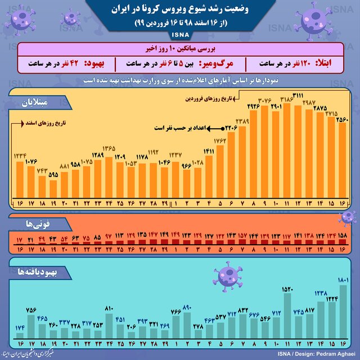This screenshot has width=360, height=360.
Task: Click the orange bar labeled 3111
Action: [x=298, y=152]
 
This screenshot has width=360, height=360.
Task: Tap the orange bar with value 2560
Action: [x=341, y=163]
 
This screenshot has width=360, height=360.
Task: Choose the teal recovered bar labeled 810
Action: [x=109, y=323]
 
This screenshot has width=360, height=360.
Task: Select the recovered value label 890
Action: [x=187, y=308]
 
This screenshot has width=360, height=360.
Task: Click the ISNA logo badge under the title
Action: [x=180, y=35]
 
